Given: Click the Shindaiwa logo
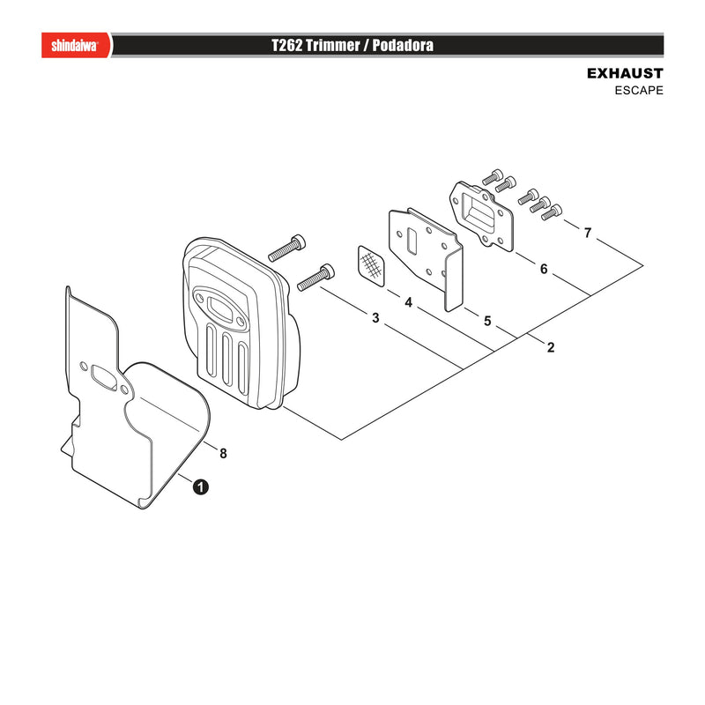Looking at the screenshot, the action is coord(75,46).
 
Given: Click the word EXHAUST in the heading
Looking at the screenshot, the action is coord(625,73).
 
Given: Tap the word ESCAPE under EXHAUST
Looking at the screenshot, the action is coord(639,91).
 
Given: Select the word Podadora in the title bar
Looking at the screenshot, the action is coord(403,46).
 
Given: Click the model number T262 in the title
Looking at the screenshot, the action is coord(287,46).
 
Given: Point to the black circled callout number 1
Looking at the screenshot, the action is coord(201,487).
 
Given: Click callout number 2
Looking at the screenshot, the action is coord(551,347).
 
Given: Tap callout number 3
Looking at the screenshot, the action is coord(376,318).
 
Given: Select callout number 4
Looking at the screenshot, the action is coord(408,302).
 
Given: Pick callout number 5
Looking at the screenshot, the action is coord(488,321).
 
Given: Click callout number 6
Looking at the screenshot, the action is coord(544,269).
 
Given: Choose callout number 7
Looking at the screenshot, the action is coord(588,233).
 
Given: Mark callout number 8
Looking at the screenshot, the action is coord(223,453).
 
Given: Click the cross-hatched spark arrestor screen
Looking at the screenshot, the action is coord(372,266).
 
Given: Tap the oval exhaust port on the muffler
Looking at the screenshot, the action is coord(219,309).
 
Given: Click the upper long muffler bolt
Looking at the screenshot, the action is coord(287,248).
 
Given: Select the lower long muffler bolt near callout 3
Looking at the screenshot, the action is coord(316,278).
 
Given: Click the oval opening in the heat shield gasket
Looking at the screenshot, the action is coord(104,375).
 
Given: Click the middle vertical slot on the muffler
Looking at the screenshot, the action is coord(227,360).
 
